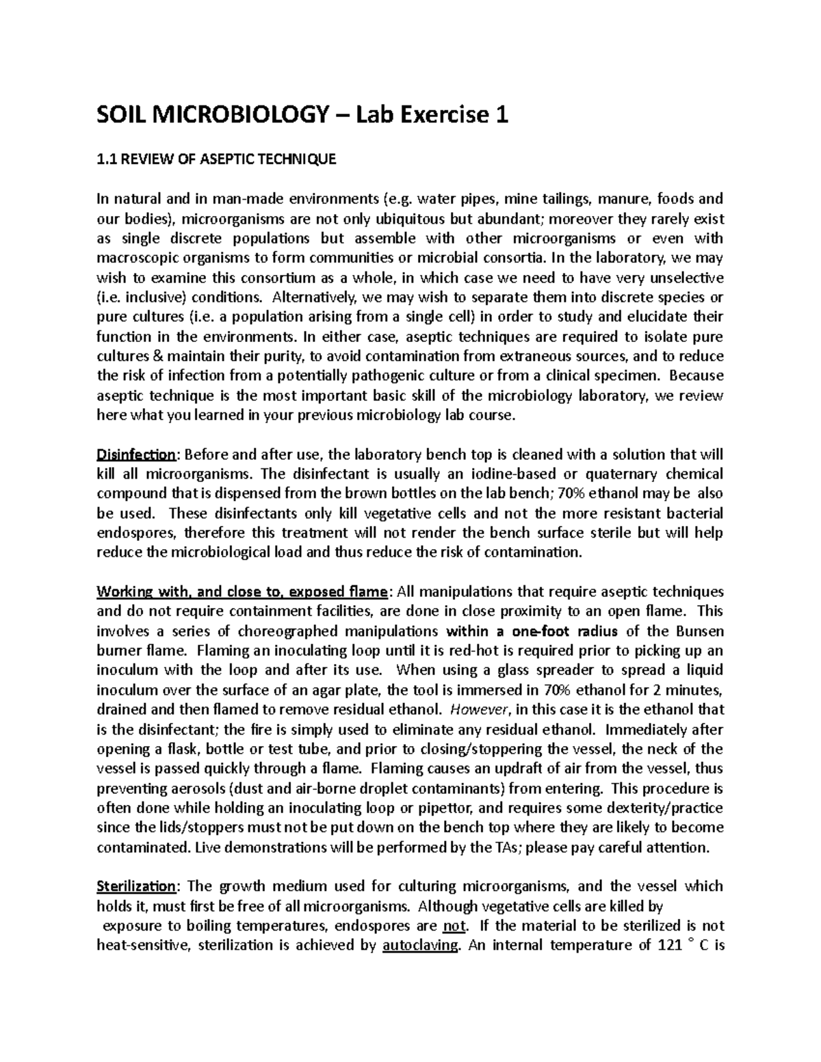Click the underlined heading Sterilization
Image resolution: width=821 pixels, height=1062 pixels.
click(x=137, y=886)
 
